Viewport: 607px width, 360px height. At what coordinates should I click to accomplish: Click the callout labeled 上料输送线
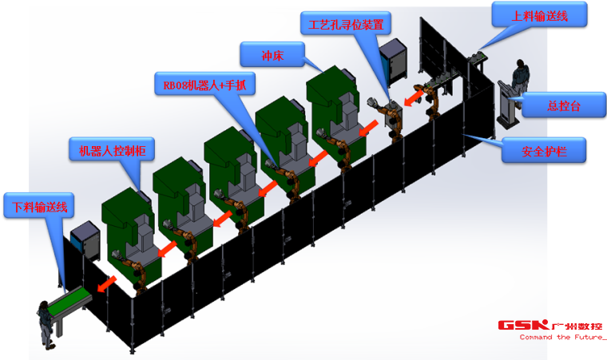click(x=539, y=14)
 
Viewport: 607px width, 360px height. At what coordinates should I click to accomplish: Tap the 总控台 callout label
click(x=564, y=105)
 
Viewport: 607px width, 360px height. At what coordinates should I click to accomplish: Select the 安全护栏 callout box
click(x=544, y=150)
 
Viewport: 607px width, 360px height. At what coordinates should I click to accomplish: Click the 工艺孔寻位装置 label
click(x=346, y=24)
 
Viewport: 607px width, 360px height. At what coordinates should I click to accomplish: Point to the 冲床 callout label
click(x=272, y=54)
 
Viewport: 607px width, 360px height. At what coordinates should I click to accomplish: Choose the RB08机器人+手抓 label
click(x=204, y=83)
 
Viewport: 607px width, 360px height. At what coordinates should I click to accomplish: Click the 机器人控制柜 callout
click(x=112, y=149)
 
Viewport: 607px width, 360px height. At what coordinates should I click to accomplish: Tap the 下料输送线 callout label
click(x=39, y=206)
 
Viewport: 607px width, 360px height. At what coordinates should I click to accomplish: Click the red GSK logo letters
click(x=523, y=325)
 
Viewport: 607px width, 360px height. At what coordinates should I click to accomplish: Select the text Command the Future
click(x=561, y=338)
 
